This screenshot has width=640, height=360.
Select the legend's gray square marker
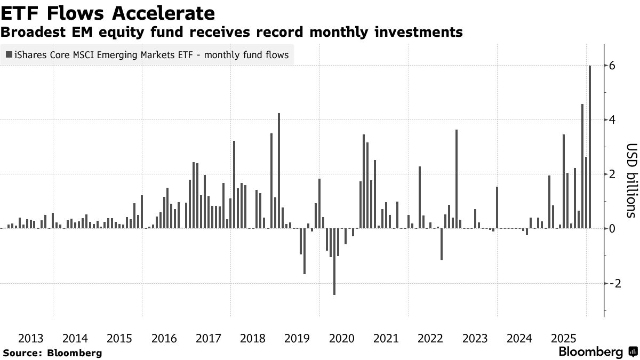(9, 54)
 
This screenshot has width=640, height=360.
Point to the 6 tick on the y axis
(612, 66)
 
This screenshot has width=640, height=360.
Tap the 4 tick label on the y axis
(612, 120)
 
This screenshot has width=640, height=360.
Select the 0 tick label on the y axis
(612, 229)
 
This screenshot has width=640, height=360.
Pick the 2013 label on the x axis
(30, 338)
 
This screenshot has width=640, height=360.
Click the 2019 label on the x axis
(297, 338)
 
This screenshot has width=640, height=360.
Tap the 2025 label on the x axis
(564, 338)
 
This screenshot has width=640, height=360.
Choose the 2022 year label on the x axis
(430, 338)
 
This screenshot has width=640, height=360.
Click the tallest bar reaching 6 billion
(590, 147)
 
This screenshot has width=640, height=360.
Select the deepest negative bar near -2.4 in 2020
(334, 261)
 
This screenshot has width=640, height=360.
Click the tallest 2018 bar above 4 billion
(279, 171)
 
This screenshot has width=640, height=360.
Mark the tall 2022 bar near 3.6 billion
(457, 179)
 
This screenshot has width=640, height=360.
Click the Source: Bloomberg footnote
(52, 353)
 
